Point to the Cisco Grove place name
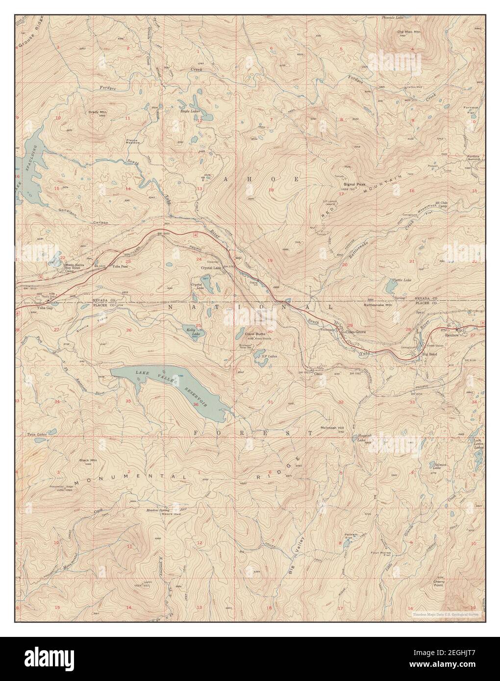pos(356,332)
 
